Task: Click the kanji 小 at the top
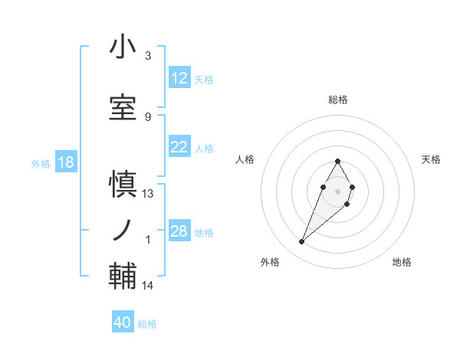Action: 123,47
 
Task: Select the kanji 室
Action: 123,107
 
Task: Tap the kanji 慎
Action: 123,185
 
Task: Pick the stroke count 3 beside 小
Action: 148,56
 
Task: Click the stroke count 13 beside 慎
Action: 148,194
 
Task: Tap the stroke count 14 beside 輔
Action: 148,286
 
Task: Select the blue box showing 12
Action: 179,78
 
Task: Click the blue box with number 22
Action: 179,147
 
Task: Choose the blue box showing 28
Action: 179,231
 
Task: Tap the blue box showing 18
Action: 65,162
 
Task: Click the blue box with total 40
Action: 122,322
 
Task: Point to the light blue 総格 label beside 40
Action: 147,324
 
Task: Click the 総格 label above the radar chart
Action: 337,100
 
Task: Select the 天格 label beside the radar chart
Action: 432,159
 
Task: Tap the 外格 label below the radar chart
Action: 270,262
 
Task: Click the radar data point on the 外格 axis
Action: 301,242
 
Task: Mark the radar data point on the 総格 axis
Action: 337,161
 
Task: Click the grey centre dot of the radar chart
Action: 337,190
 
